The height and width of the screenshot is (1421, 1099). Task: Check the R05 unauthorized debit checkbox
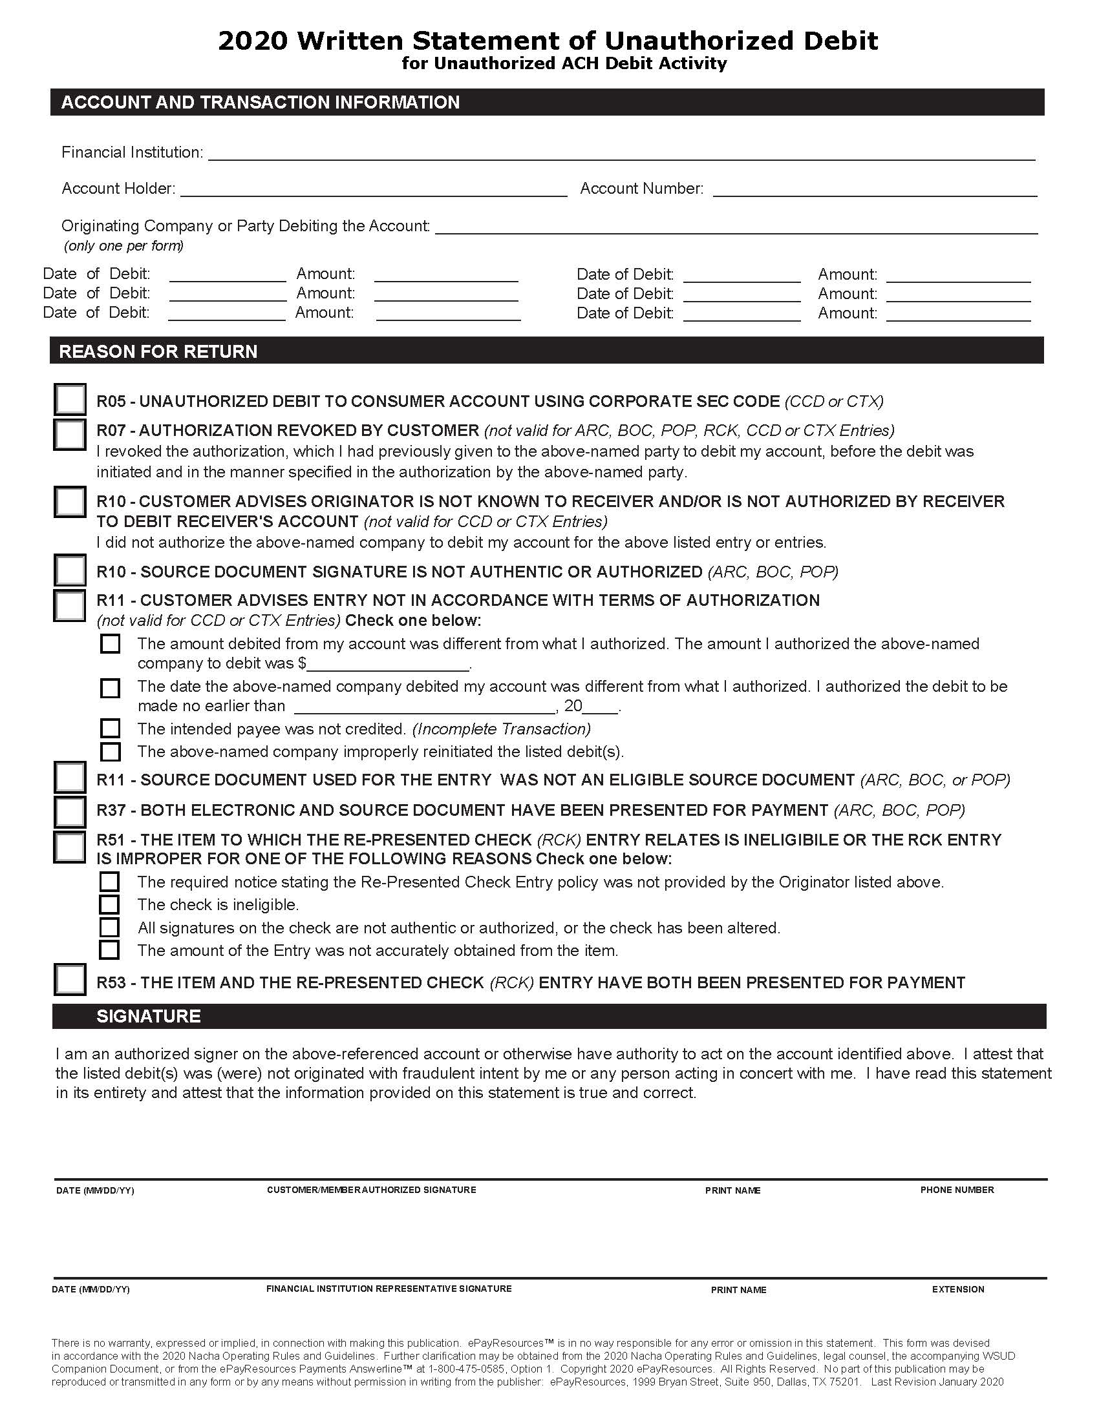pyautogui.click(x=70, y=399)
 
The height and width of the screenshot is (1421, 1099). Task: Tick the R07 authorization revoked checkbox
pyautogui.click(x=70, y=435)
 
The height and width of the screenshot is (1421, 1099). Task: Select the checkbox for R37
pyautogui.click(x=70, y=812)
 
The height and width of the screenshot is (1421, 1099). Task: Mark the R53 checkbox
pyautogui.click(x=70, y=980)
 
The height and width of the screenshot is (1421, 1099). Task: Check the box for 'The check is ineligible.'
pyautogui.click(x=109, y=905)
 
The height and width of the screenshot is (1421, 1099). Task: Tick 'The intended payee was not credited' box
pyautogui.click(x=110, y=728)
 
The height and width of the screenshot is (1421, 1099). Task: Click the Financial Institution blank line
pyautogui.click(x=621, y=154)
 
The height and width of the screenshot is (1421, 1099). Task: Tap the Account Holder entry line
pyautogui.click(x=374, y=190)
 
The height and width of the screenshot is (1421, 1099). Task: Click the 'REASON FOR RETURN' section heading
pyautogui.click(x=158, y=352)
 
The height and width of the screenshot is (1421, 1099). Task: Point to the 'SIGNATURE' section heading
pyautogui.click(x=149, y=1017)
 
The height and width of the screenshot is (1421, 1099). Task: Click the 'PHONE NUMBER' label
pyautogui.click(x=956, y=1190)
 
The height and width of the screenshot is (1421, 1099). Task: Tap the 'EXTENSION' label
pyautogui.click(x=957, y=1290)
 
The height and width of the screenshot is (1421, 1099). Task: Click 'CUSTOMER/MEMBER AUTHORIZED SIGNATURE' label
pyautogui.click(x=371, y=1190)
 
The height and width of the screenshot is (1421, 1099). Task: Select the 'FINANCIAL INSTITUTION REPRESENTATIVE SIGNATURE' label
pyautogui.click(x=389, y=1289)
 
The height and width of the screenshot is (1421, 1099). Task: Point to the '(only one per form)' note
pyautogui.click(x=123, y=246)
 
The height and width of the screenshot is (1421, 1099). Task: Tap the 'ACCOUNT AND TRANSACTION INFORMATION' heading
pyautogui.click(x=261, y=102)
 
